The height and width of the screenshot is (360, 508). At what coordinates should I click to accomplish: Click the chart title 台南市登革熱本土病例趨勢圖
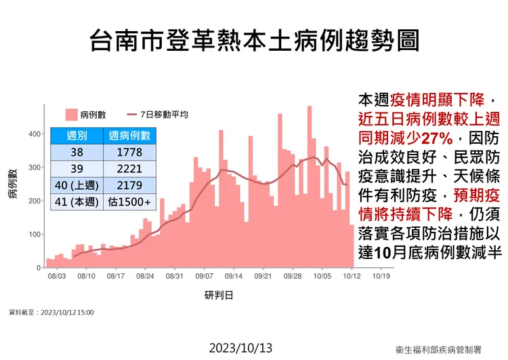point(254,41)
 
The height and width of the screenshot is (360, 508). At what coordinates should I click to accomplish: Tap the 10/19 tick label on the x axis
point(381,277)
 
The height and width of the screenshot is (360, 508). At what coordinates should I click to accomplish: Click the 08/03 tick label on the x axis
point(56,277)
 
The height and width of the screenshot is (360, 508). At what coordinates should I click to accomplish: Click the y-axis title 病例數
point(13,184)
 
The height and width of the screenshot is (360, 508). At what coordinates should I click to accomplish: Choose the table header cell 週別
point(77,136)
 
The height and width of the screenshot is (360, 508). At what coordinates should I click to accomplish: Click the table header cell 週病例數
point(129,136)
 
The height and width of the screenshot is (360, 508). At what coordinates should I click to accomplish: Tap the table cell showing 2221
point(129,168)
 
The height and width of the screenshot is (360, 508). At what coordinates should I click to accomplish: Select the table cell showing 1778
point(129,153)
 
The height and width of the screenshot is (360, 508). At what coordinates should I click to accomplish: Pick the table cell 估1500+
point(129,201)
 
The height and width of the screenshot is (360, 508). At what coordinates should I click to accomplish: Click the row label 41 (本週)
point(77,201)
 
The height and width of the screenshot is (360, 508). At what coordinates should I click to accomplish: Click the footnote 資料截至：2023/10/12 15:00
point(51,313)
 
